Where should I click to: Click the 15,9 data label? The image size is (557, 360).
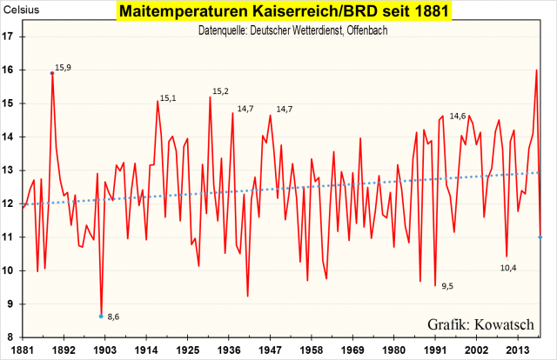pos(64,67)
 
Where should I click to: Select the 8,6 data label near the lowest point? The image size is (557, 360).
pos(113,317)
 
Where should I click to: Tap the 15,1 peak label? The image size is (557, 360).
pos(168,98)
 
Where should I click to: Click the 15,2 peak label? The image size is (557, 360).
pos(220,92)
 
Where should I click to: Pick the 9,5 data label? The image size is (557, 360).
pos(447,286)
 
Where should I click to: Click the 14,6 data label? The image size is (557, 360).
pos(458,116)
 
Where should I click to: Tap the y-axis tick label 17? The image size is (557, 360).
pos(9,37)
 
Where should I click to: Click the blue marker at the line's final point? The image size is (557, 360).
pos(540,237)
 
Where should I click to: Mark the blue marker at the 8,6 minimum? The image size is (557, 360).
pos(101,316)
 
